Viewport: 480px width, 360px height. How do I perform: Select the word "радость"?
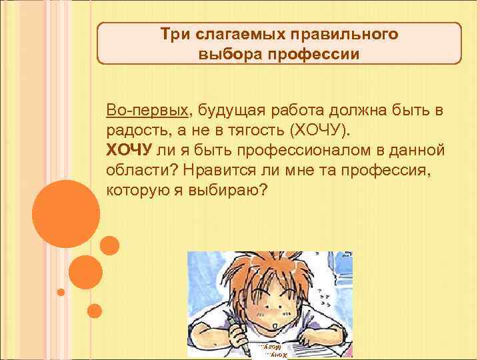coord(132,129)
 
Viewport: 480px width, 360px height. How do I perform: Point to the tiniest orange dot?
coord(61,292)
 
